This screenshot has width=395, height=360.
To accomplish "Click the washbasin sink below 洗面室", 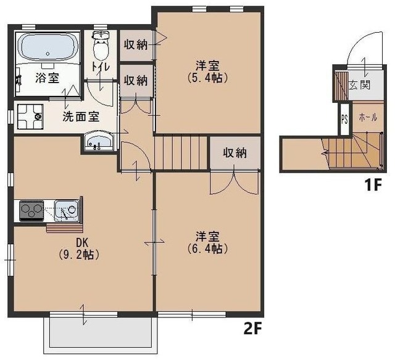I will click(x=98, y=142).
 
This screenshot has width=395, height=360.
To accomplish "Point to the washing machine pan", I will click(x=28, y=116).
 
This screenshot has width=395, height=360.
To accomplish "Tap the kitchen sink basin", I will click(x=65, y=211).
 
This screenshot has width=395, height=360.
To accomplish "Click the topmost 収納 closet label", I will click(x=135, y=44).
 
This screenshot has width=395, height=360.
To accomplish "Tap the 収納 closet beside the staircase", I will click(x=235, y=153).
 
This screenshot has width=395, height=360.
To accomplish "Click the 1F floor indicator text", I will click(x=370, y=184).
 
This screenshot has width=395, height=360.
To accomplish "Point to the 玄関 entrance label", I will click(x=359, y=84).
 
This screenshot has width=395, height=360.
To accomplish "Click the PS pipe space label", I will click(x=344, y=119).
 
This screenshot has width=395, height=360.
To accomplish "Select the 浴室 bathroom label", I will click(x=46, y=78).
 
